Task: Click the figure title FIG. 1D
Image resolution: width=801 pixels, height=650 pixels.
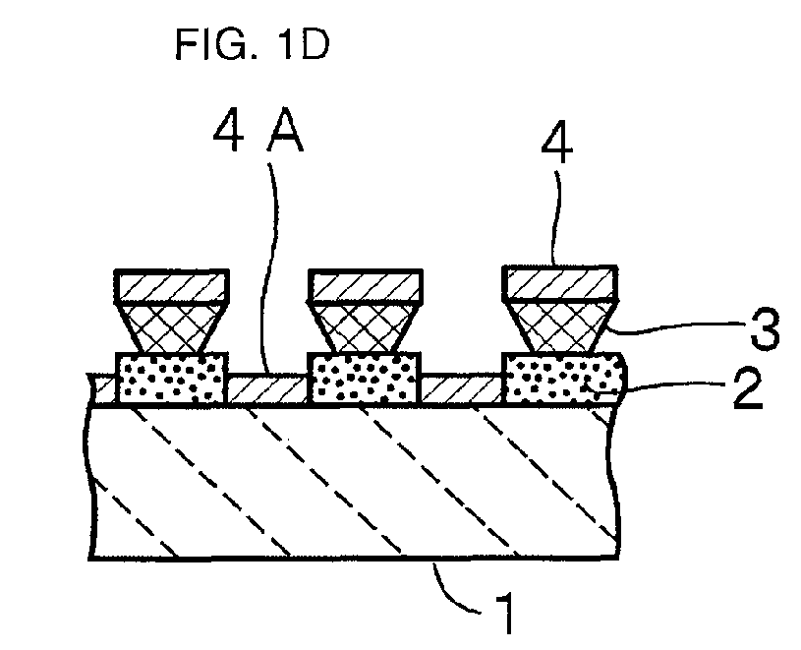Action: pyautogui.click(x=252, y=44)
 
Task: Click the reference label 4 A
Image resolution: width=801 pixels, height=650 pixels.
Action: pyautogui.click(x=258, y=134)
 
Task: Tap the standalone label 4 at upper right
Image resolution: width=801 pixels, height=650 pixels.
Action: pyautogui.click(x=557, y=145)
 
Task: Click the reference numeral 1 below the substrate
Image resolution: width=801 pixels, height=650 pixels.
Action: pyautogui.click(x=506, y=613)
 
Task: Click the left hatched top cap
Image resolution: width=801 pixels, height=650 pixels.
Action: pyautogui.click(x=171, y=286)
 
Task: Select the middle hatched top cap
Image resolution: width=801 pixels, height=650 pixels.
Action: pyautogui.click(x=366, y=285)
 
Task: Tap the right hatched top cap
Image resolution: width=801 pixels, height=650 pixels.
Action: pyautogui.click(x=560, y=282)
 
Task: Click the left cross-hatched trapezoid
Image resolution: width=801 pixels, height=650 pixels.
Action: pyautogui.click(x=171, y=328)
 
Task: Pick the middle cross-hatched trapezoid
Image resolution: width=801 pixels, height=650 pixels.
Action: pyautogui.click(x=366, y=327)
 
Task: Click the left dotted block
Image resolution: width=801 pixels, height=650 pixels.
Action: pyautogui.click(x=171, y=380)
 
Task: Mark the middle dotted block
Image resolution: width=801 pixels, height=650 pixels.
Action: pyautogui.click(x=365, y=379)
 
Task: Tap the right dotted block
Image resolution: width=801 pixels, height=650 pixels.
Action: pyautogui.click(x=564, y=379)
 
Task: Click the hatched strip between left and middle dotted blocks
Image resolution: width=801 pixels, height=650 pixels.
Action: pyautogui.click(x=267, y=390)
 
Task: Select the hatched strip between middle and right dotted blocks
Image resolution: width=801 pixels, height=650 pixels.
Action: pyautogui.click(x=462, y=389)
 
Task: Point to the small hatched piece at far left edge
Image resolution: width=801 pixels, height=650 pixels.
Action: pyautogui.click(x=103, y=390)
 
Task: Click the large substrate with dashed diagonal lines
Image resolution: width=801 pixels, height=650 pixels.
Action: pyautogui.click(x=354, y=482)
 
